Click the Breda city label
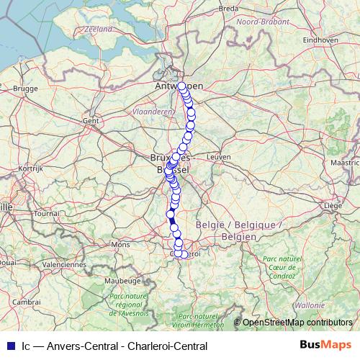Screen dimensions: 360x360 click(x=228, y=9)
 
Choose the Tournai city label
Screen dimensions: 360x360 click(x=46, y=213)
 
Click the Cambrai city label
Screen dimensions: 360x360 click(x=26, y=302)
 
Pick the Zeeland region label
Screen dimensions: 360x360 click(x=99, y=29)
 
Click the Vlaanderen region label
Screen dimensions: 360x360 click(x=153, y=112)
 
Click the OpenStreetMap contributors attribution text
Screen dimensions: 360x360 click(x=297, y=323)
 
